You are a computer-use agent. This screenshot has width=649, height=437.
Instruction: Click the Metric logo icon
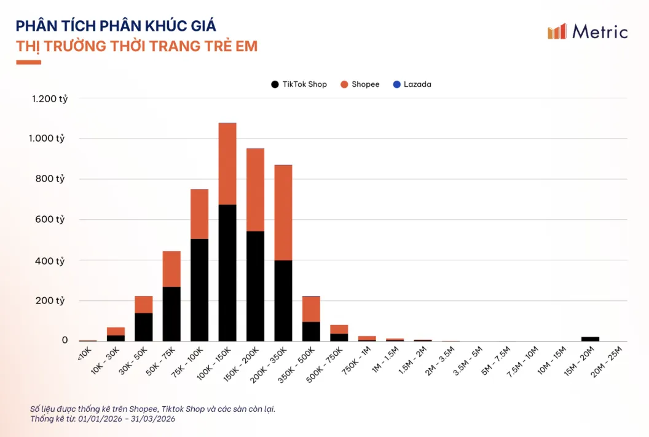click(557, 31)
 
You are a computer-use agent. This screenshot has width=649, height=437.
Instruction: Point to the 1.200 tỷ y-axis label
click(50, 98)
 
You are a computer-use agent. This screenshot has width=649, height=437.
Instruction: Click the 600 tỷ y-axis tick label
click(52, 220)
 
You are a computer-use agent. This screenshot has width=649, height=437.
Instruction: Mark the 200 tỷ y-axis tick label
click(52, 301)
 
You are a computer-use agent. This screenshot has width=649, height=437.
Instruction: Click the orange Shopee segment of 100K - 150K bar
click(227, 163)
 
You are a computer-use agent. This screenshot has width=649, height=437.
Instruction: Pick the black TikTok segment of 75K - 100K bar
click(199, 289)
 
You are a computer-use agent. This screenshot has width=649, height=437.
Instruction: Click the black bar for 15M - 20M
click(590, 339)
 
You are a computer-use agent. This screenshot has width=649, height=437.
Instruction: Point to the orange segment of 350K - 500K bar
click(311, 309)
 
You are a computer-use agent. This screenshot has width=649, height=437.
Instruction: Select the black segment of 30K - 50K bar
click(144, 327)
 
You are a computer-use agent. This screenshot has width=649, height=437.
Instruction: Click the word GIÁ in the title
click(200, 26)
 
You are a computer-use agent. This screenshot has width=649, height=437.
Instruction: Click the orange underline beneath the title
click(28, 62)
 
